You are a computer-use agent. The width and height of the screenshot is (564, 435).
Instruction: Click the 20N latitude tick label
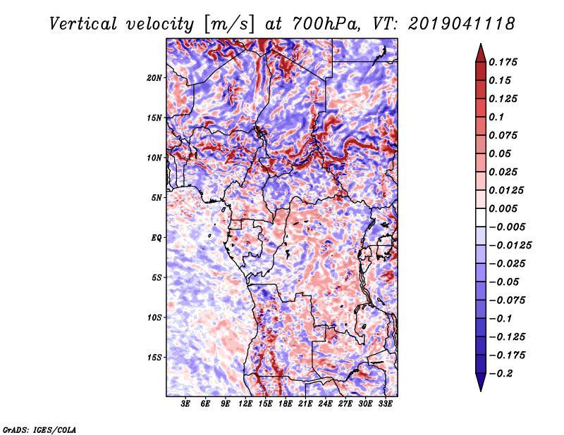point(154,77)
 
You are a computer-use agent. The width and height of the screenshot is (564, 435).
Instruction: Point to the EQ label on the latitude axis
point(157,238)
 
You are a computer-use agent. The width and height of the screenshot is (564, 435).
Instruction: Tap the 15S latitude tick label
point(154,358)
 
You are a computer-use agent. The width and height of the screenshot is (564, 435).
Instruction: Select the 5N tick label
point(157,198)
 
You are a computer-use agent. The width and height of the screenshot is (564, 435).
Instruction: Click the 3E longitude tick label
point(185,403)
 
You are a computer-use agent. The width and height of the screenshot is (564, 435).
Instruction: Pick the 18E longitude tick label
point(286,403)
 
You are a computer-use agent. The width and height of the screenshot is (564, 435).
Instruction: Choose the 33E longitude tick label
point(385,403)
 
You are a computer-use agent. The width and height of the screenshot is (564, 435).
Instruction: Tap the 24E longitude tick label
point(325,403)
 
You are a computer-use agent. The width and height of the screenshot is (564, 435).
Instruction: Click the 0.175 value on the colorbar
point(503,62)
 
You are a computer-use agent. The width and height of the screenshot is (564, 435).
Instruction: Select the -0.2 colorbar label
point(501,374)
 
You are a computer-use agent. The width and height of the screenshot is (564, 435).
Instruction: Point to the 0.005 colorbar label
point(503,208)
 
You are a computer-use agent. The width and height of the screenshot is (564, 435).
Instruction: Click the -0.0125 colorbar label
point(510,246)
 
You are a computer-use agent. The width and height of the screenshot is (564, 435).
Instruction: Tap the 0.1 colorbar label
point(496,117)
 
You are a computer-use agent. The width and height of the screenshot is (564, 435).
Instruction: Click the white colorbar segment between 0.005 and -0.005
point(481,217)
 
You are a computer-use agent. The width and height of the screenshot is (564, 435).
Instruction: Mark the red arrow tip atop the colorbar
point(481,44)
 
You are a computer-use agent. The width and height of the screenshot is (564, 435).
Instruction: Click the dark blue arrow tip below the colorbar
point(481,391)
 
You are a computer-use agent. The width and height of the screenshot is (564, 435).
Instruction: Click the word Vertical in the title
point(82,24)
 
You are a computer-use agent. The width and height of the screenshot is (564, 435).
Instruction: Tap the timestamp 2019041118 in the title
point(462,24)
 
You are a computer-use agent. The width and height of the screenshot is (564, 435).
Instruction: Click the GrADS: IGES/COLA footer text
point(39,429)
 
